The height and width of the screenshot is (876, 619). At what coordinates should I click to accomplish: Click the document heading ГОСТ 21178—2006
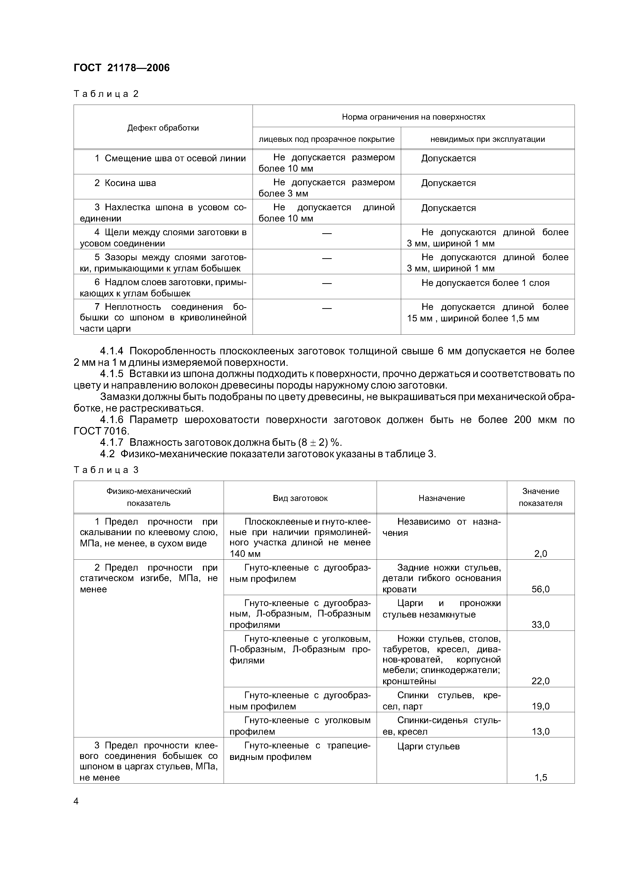(122, 68)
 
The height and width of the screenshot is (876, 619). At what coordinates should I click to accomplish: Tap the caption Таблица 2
(106, 94)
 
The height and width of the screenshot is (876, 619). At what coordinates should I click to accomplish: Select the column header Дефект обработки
(163, 128)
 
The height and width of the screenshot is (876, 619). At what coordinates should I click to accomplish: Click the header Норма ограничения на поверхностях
(413, 117)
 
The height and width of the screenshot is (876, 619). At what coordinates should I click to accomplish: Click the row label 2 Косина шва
(125, 183)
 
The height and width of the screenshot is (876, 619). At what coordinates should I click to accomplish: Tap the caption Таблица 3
(106, 470)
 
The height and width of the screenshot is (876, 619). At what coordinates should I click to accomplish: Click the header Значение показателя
(540, 497)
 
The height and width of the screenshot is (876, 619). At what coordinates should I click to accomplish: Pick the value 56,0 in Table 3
(540, 589)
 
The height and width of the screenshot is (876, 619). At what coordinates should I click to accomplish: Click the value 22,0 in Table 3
(540, 681)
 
